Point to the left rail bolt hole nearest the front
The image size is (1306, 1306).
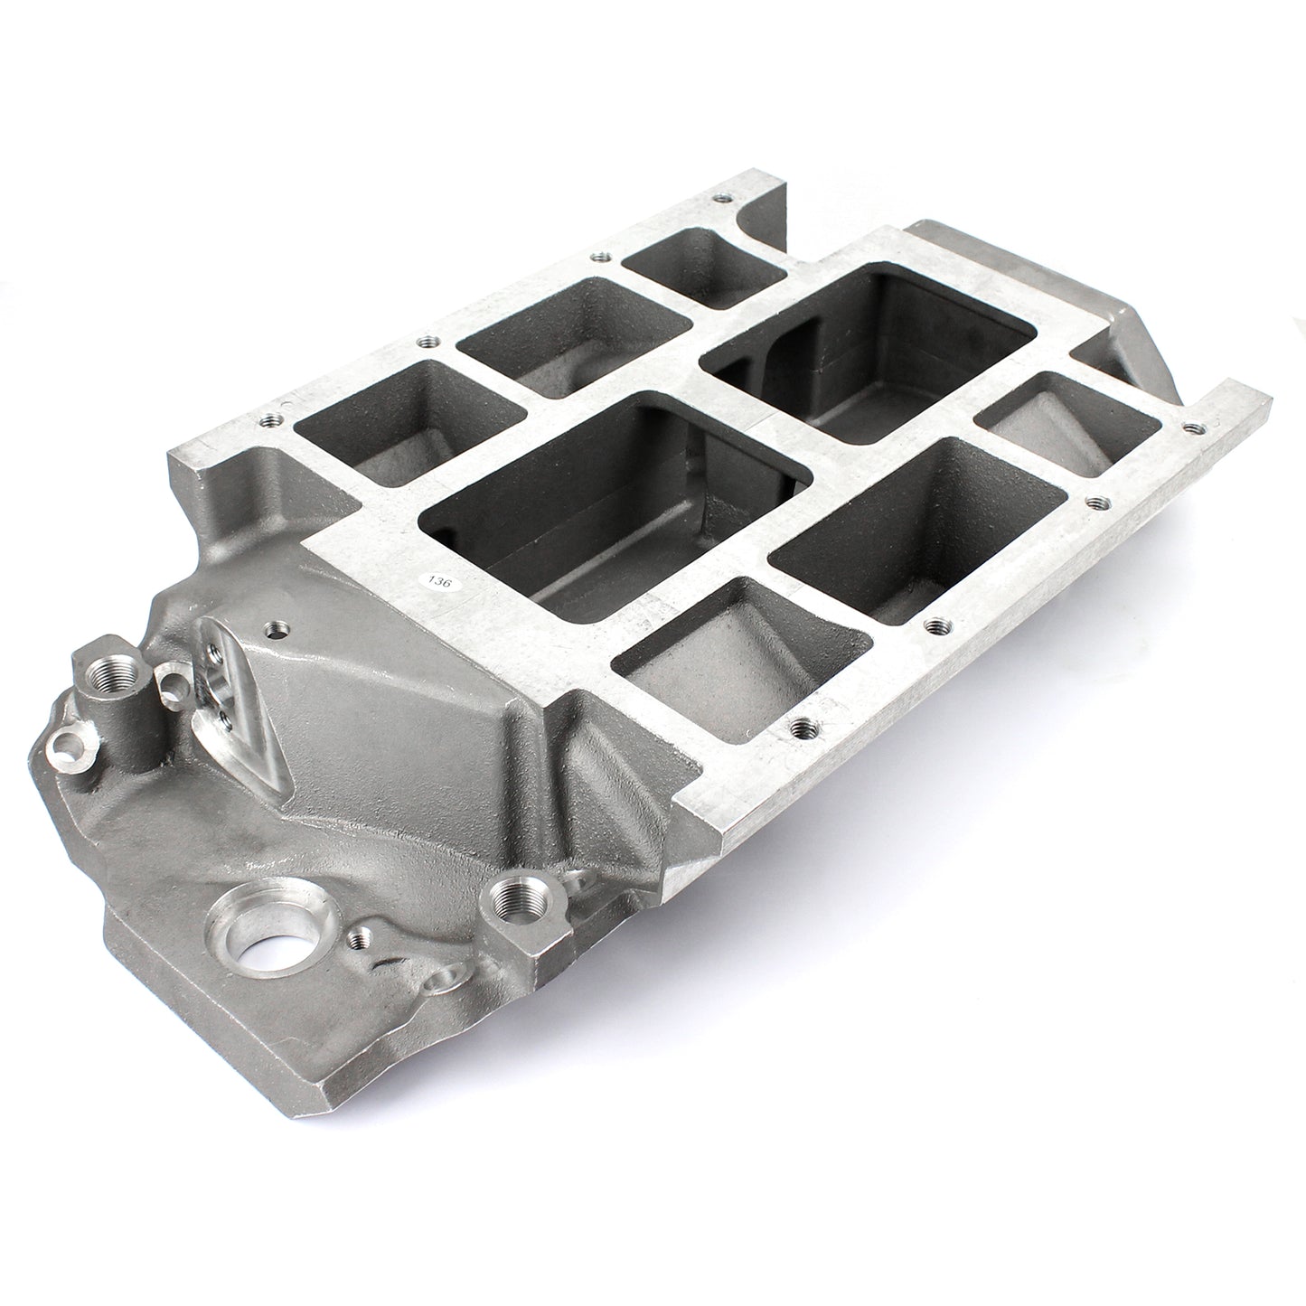tap(268, 420)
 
